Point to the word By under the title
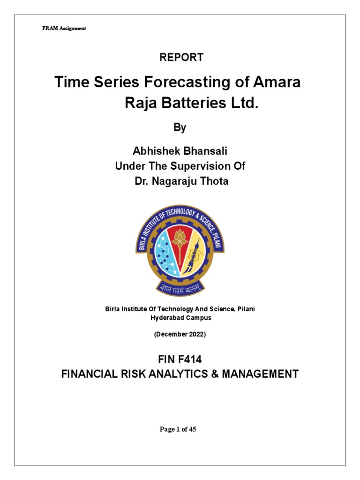click(x=180, y=127)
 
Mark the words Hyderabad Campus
click(x=180, y=317)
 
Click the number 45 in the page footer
click(x=192, y=429)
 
